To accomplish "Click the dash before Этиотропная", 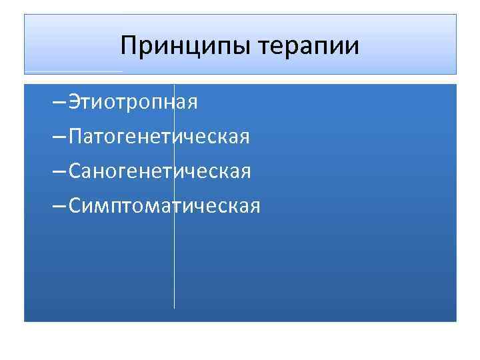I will (58, 104).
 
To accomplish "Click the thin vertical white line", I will (174, 267).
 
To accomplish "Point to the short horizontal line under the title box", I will (73, 71).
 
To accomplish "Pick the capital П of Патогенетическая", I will (75, 137).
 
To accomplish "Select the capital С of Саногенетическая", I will (75, 172).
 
